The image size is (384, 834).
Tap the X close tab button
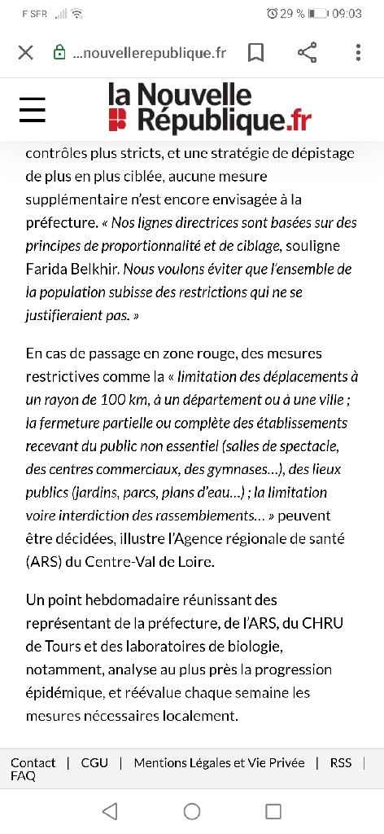coord(25,53)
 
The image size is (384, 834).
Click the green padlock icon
coord(59,53)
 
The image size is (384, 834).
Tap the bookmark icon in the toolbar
coord(255,53)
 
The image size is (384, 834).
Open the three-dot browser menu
coord(358,53)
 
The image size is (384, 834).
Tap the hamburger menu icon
coord(33,109)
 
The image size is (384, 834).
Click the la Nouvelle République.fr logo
coord(209,108)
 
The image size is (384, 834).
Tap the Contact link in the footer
coord(33,762)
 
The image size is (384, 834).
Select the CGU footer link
coord(94,762)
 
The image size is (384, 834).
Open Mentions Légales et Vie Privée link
coord(219,762)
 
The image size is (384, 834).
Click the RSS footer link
coord(341,762)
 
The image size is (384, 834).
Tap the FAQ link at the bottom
coord(23,776)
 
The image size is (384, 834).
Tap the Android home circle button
coord(192,810)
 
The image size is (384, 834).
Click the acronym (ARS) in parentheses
coord(46,561)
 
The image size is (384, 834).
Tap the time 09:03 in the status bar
coord(347,14)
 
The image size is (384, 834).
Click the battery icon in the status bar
coord(318,14)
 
